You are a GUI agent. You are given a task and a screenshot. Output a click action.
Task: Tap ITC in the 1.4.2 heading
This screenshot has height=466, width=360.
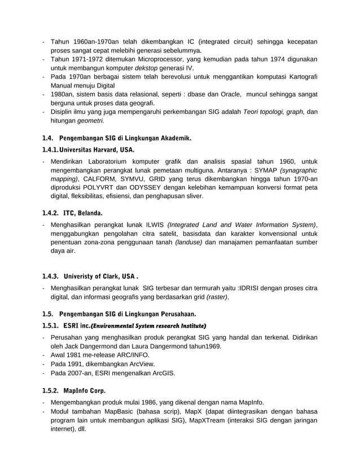point(69,213)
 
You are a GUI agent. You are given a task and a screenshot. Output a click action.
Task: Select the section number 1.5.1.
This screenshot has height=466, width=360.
point(51,326)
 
